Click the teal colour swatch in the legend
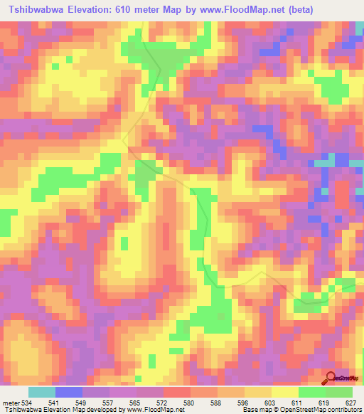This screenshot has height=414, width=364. (41, 393)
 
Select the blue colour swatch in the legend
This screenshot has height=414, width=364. (68, 393)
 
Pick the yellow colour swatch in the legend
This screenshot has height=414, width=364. (284, 393)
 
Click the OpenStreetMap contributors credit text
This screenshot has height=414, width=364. (321, 410)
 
